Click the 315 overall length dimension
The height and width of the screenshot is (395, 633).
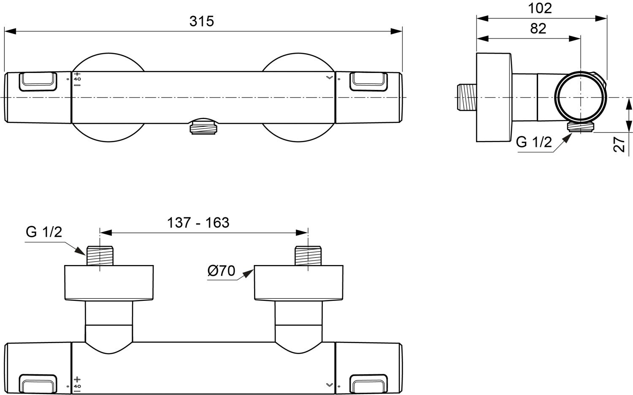point(202,21)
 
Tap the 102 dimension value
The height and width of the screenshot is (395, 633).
point(540,8)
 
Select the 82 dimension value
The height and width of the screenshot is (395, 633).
point(538,28)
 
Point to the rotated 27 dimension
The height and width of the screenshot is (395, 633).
point(619,144)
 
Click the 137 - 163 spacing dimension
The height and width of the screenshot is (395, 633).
point(198,222)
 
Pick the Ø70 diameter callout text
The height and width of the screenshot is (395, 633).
point(221,271)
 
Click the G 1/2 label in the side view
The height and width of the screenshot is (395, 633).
point(533,142)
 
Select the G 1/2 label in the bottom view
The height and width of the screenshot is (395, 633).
point(44,232)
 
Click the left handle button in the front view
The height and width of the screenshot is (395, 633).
point(38,81)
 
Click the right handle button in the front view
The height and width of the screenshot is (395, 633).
point(368,81)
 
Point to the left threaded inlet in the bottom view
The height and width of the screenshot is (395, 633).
point(100,255)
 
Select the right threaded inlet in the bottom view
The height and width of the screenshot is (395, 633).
point(308,255)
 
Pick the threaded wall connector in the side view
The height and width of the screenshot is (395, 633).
point(467,97)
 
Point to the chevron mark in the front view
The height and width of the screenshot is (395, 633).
point(329,78)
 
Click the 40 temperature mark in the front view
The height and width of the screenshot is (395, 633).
point(77,79)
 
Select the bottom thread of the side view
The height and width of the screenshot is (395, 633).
point(580,126)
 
